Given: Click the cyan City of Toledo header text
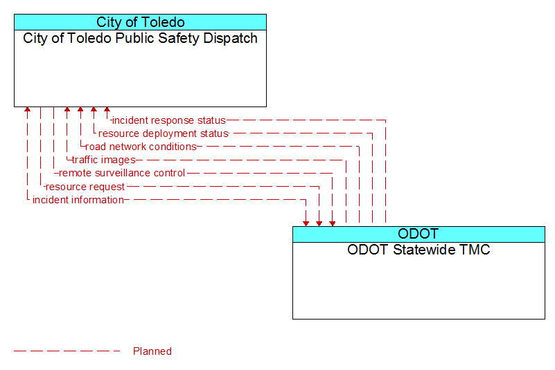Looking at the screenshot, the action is (140, 22).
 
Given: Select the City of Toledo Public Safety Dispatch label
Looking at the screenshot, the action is (140, 39).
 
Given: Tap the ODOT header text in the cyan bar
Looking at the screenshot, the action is (419, 234).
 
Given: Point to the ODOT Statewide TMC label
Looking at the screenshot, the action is (419, 250).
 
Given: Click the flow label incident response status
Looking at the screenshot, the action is (169, 120).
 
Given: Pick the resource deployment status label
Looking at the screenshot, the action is (163, 133).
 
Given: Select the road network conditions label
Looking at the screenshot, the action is (141, 147).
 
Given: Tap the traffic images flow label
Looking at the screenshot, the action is (104, 160).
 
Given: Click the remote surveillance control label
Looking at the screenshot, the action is (122, 173).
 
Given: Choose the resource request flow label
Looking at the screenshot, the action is (85, 187).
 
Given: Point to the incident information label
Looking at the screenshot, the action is (78, 200).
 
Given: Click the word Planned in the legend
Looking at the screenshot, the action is (152, 351).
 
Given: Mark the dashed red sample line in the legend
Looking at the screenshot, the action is (67, 351).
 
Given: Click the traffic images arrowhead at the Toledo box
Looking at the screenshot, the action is (67, 109).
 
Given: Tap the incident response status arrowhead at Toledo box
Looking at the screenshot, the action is (107, 109).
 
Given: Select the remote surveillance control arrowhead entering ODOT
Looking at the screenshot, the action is (333, 223).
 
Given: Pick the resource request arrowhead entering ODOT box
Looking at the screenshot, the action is (319, 223).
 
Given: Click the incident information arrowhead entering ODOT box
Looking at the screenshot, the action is (306, 223).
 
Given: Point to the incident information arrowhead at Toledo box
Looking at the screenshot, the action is (27, 109).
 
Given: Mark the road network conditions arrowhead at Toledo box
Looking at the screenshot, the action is (80, 109).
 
